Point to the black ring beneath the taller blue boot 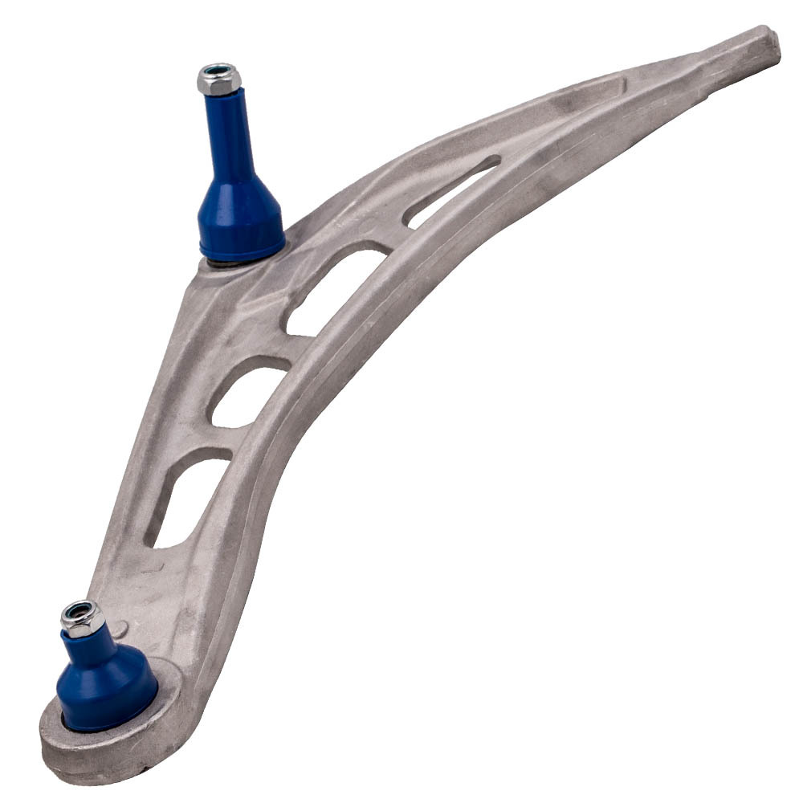coord(233,262)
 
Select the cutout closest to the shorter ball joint coord(188,498)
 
